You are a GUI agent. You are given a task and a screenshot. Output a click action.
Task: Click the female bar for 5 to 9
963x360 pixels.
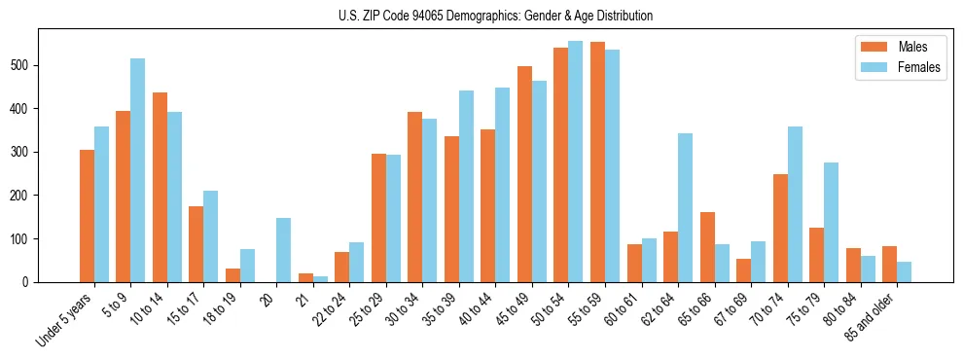[x=137, y=170]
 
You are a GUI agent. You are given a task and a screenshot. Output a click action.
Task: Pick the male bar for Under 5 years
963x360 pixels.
[x=87, y=216]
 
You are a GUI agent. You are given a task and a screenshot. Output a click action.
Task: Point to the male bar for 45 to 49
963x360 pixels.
[x=524, y=174]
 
